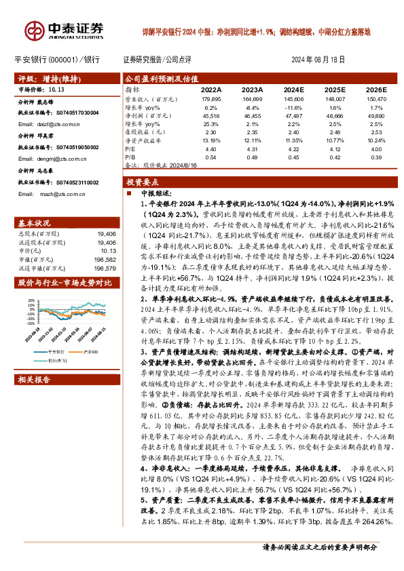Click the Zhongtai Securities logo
(65, 28)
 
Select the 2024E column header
(294, 89)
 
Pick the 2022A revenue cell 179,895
(211, 99)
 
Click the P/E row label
(130, 148)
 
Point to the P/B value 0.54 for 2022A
(211, 156)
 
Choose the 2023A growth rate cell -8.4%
(252, 107)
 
